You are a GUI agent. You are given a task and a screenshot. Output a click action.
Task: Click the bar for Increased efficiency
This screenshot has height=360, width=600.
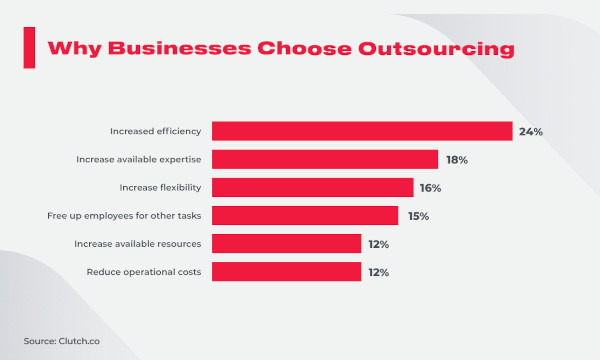362,131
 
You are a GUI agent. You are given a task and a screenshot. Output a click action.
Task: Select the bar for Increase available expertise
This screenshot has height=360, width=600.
325,159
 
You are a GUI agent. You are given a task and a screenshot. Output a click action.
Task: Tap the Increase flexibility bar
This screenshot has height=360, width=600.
312,187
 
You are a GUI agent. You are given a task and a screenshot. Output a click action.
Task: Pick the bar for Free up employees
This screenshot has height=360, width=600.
305,215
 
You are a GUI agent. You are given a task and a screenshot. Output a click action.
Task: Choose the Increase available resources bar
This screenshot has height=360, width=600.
286,243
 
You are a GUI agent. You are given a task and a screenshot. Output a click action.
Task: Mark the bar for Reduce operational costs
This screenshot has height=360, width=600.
286,271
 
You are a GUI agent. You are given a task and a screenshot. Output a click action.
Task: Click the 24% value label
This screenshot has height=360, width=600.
530,131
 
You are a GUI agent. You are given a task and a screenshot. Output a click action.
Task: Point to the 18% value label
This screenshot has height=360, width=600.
456,159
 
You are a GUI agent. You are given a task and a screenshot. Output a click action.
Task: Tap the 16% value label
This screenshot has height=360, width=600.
431,187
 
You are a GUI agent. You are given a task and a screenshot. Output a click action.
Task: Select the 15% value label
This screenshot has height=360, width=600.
416,215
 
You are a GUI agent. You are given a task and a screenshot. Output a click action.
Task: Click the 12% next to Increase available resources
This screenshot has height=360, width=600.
378,243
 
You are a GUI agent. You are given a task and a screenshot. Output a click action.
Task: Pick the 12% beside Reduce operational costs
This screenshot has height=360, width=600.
378,271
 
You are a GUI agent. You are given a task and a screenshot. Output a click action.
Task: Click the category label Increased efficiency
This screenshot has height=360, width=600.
156,131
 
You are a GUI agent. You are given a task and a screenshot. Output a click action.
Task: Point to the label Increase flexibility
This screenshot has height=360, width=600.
159,187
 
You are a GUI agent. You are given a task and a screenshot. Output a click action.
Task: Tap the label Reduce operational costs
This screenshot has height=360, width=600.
144,271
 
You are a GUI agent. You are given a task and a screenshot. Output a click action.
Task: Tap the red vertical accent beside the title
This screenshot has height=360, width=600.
29,47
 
